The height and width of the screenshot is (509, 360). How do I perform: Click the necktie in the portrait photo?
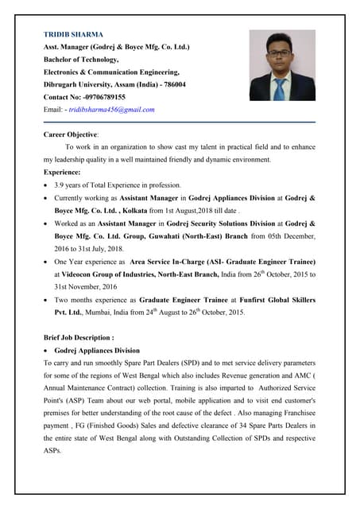pyautogui.click(x=279, y=88)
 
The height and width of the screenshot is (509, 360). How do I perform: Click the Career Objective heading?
pyautogui.click(x=71, y=135)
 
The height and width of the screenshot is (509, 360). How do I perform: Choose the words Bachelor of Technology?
pyautogui.click(x=80, y=60)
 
